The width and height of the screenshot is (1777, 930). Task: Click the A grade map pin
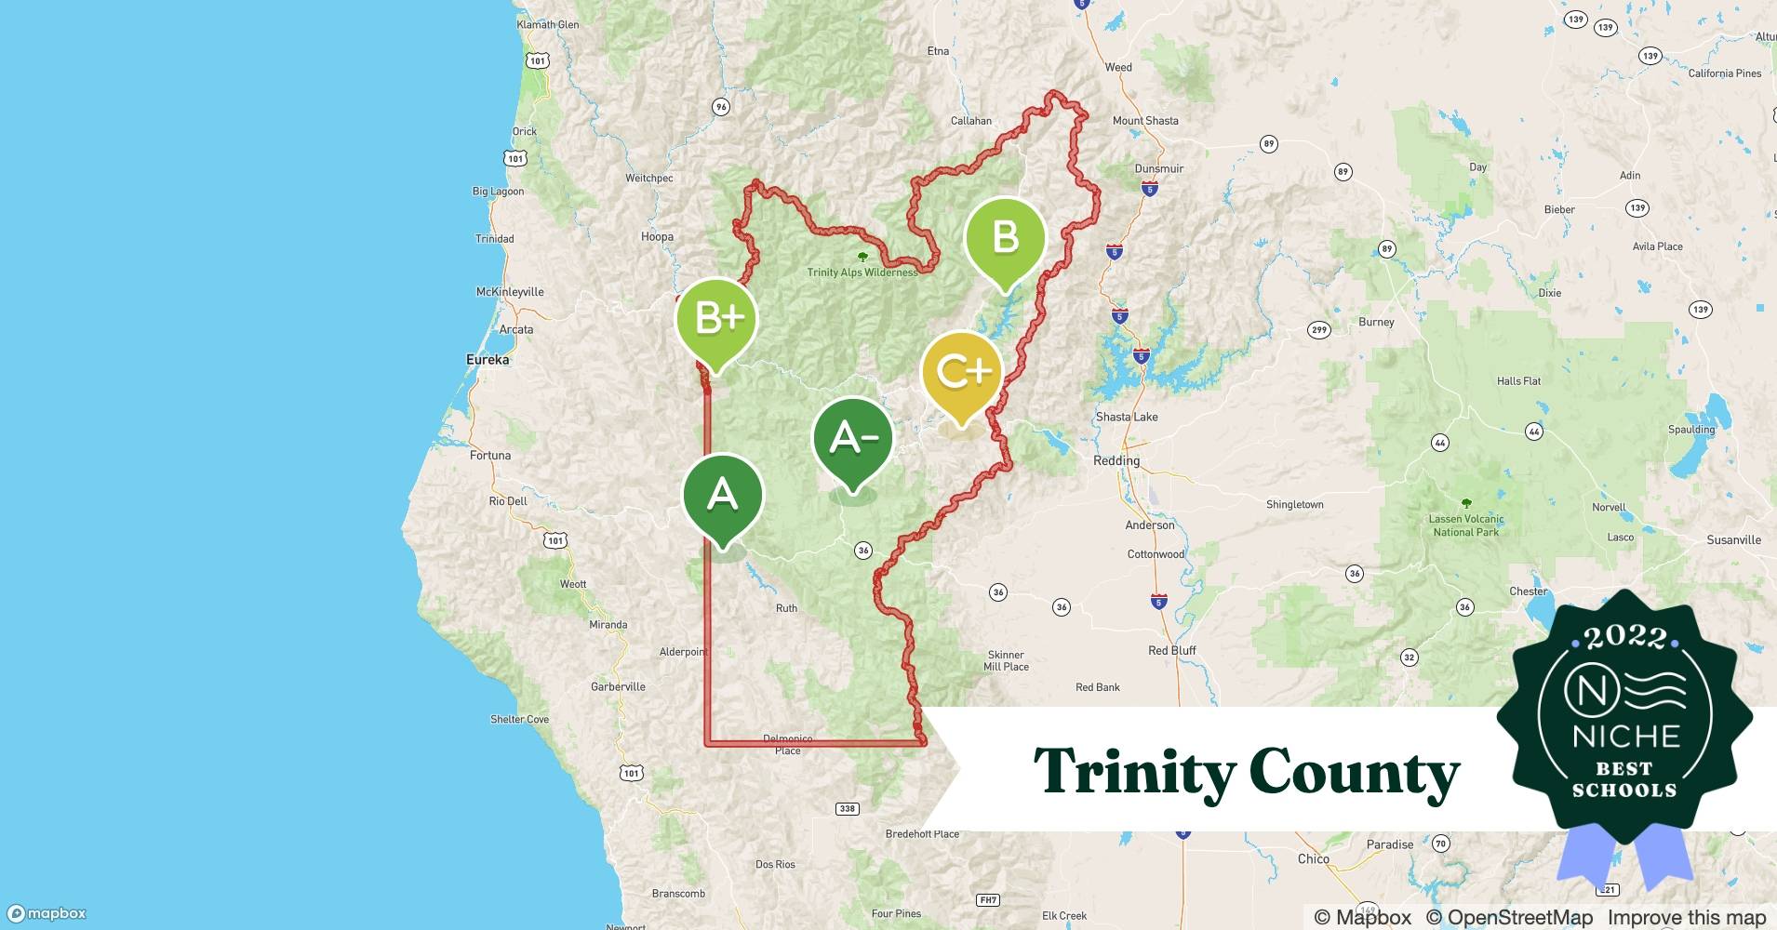click(x=723, y=496)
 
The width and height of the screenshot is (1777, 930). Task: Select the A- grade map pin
click(x=853, y=438)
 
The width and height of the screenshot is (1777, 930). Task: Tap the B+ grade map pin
click(x=716, y=319)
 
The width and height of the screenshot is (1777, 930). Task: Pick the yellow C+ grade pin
click(x=962, y=373)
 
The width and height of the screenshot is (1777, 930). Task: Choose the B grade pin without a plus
click(x=1005, y=238)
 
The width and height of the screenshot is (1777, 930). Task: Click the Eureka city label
click(x=488, y=360)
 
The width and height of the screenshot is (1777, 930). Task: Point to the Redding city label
click(x=1116, y=460)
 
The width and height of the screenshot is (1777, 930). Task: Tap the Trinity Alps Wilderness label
click(x=862, y=272)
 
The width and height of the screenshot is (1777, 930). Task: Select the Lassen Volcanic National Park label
click(x=1466, y=525)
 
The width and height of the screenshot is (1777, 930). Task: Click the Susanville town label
click(x=1733, y=539)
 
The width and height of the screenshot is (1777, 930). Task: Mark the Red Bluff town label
click(x=1171, y=650)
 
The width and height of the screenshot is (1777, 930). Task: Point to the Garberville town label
click(x=618, y=686)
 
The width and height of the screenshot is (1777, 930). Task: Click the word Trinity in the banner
click(x=1135, y=772)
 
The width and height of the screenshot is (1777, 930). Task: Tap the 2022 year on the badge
click(x=1625, y=636)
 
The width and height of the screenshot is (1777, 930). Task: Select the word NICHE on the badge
click(x=1625, y=737)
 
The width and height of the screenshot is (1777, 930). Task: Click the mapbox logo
click(x=47, y=913)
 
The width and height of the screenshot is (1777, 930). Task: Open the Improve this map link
click(x=1687, y=917)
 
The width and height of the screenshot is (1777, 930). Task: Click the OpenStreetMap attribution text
click(x=1509, y=917)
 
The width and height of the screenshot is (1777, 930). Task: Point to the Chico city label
click(x=1313, y=858)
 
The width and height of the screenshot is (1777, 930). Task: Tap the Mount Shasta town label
click(x=1145, y=121)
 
